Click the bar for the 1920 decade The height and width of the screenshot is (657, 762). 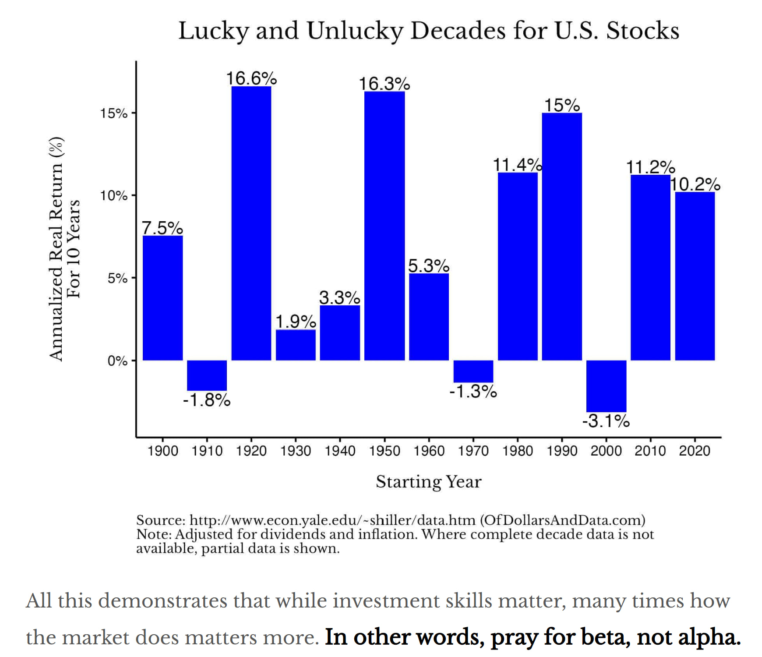[251, 223]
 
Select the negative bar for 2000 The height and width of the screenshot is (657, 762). [606, 386]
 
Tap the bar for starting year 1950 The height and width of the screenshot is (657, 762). [384, 226]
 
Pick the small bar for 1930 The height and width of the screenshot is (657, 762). [296, 345]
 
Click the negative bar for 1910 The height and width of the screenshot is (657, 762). [207, 375]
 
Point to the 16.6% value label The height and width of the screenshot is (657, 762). [251, 79]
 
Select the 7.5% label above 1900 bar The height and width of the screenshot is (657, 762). [162, 228]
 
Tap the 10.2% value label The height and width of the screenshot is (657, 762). [695, 184]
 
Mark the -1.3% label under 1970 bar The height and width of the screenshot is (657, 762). [473, 392]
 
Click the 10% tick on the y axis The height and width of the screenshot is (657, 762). [114, 196]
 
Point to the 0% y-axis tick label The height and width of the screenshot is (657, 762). [117, 361]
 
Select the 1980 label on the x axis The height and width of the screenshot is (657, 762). [517, 451]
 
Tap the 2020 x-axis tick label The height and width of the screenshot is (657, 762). [695, 451]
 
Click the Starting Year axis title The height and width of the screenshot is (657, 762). [428, 482]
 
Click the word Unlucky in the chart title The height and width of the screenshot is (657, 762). [354, 31]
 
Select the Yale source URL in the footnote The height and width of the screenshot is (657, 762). [332, 520]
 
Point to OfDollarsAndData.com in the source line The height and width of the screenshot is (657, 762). [563, 520]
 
